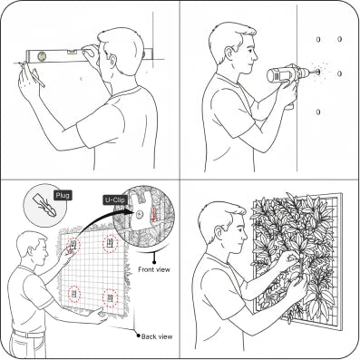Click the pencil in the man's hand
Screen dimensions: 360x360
(39, 77)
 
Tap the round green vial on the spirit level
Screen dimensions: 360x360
(42, 55)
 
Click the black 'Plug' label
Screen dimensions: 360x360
(63, 195)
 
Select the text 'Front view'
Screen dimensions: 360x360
(154, 269)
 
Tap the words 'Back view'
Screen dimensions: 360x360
(157, 336)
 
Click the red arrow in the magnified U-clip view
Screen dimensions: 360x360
(153, 214)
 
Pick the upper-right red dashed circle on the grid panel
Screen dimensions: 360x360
(110, 244)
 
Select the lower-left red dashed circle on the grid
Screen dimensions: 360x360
(74, 294)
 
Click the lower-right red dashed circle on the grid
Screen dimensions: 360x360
(110, 298)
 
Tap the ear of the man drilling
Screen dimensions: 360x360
(229, 54)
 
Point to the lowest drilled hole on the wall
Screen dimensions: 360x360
(318, 112)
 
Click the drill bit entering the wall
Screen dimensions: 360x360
(313, 73)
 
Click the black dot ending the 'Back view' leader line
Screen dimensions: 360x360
(139, 336)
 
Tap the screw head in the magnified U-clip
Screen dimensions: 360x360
(139, 215)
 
